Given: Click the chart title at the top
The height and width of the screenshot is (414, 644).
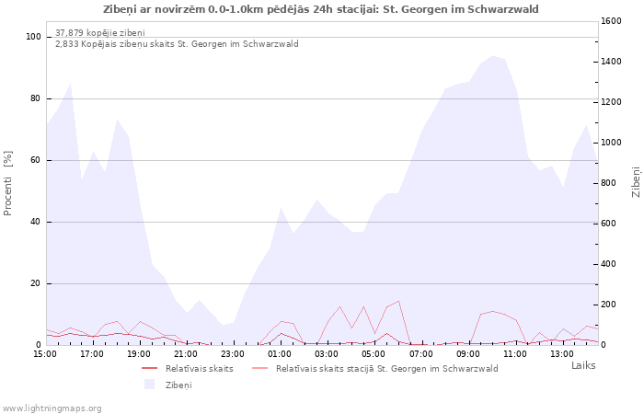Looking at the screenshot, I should click(x=321, y=9).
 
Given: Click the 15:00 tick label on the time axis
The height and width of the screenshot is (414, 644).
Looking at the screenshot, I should click(x=45, y=353).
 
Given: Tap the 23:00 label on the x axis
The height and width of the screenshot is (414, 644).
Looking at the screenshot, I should click(x=233, y=353).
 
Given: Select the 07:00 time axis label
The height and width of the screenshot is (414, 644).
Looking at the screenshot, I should click(x=420, y=353).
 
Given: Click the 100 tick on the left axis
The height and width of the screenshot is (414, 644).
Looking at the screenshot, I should click(x=34, y=37).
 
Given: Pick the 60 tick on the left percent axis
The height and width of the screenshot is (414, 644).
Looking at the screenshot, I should click(x=37, y=160).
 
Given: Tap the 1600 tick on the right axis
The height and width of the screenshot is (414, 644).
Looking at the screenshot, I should click(x=613, y=20).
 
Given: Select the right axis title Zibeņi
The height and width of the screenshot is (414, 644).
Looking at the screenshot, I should click(x=636, y=182).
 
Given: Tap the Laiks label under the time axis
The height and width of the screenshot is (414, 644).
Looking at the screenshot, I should click(x=583, y=365).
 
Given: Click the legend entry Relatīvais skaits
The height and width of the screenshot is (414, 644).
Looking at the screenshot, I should click(x=199, y=369).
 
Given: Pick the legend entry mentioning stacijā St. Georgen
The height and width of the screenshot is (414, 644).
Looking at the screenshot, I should click(x=386, y=369).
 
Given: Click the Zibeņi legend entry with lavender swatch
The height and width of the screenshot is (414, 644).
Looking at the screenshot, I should click(x=178, y=385).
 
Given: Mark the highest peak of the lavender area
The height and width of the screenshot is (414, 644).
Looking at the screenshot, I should click(x=493, y=56).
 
